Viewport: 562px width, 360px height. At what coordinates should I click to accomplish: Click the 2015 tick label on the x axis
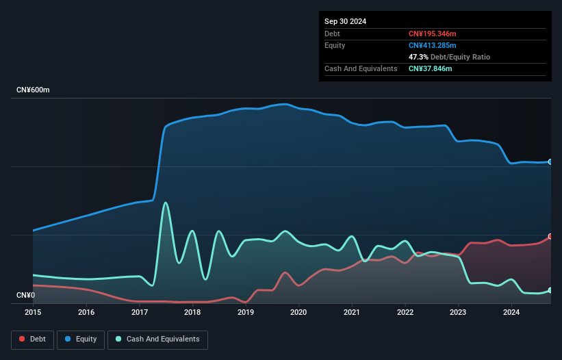[33, 312]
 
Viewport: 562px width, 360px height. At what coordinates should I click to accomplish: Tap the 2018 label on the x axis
[192, 312]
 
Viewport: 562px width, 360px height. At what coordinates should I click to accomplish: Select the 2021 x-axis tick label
[352, 312]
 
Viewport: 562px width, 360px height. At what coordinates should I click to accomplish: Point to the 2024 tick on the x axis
[511, 312]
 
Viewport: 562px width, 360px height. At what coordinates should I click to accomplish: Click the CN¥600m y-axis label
[33, 90]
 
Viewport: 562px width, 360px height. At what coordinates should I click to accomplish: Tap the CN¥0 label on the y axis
[26, 295]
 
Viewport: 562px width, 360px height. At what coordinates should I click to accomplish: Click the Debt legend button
[33, 339]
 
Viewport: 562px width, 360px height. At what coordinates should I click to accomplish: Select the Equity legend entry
[81, 339]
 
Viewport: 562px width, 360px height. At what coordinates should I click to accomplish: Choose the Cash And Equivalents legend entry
[157, 339]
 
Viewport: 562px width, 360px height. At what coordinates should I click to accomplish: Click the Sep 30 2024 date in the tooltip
[345, 21]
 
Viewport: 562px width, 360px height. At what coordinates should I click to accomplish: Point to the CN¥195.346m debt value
[432, 34]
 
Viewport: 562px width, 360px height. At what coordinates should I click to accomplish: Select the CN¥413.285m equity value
[432, 45]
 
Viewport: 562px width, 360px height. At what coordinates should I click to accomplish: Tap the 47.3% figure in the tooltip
[418, 57]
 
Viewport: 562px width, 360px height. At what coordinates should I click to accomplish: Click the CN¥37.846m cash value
[430, 68]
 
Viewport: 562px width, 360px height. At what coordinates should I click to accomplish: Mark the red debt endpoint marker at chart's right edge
[550, 236]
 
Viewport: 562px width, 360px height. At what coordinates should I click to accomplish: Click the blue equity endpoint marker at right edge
[550, 162]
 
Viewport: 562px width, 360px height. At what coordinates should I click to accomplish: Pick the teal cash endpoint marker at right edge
[550, 290]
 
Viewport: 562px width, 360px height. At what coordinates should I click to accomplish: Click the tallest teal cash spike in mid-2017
[165, 203]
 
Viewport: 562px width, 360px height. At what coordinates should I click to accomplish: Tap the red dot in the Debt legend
[22, 339]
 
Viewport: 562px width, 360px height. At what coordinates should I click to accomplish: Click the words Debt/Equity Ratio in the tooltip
[460, 57]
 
